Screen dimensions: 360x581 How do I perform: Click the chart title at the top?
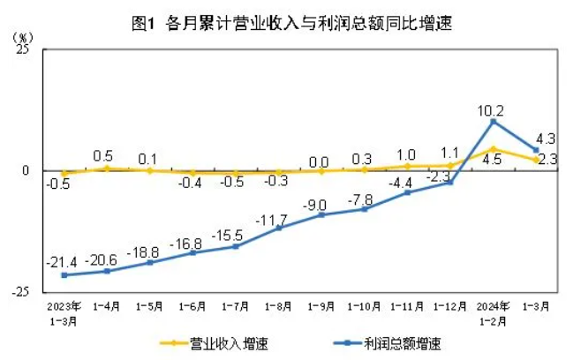(x=290, y=24)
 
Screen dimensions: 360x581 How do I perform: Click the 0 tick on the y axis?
(x=26, y=170)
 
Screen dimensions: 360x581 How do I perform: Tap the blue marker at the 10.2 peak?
(x=492, y=121)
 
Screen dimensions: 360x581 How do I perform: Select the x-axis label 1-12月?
(x=449, y=307)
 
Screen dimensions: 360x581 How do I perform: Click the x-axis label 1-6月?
(x=192, y=307)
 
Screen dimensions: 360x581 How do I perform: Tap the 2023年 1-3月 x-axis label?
(x=64, y=313)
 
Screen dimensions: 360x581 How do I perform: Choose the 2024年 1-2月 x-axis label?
(x=492, y=313)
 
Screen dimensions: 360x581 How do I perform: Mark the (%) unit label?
(x=23, y=37)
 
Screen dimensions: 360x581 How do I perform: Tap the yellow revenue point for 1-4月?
(x=106, y=168)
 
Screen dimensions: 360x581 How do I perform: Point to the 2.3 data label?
(x=547, y=160)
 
